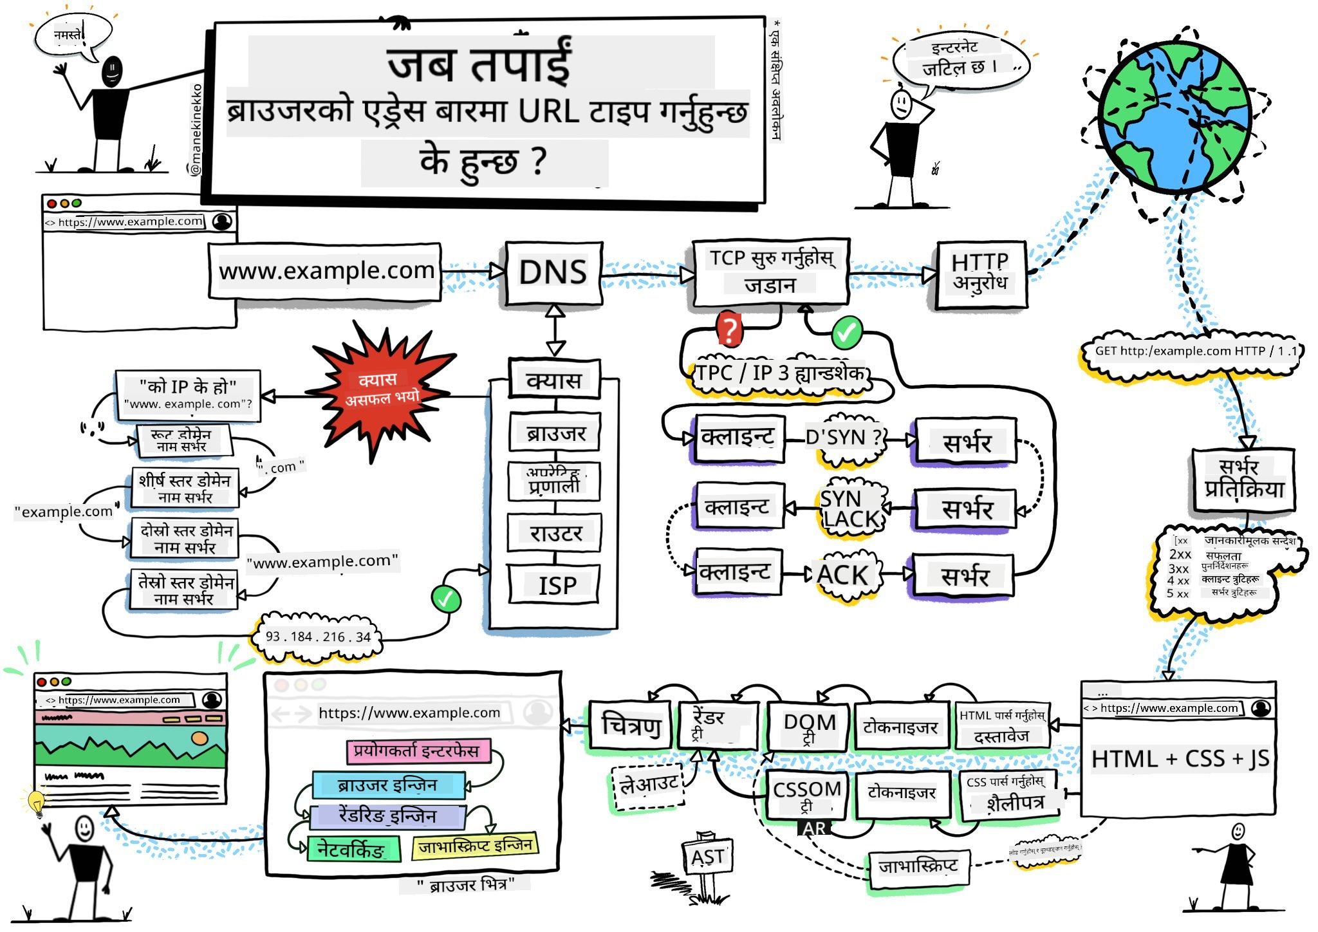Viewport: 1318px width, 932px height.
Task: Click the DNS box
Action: tap(553, 273)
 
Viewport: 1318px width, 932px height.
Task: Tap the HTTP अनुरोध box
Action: tap(980, 273)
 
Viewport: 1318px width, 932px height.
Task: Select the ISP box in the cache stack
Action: tap(554, 584)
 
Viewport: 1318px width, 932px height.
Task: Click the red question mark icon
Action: tap(729, 330)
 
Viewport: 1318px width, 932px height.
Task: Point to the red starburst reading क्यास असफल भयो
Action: tap(381, 389)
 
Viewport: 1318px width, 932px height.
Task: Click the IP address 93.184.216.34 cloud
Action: tap(318, 637)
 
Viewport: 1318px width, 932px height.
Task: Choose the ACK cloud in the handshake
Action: tap(842, 574)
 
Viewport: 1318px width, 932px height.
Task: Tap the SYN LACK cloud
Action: tap(849, 508)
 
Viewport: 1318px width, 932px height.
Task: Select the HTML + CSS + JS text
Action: tap(1180, 759)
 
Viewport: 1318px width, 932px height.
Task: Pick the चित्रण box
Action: tap(631, 725)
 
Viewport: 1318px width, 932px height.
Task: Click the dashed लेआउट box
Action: tap(648, 785)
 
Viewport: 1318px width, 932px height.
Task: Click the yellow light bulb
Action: tap(36, 802)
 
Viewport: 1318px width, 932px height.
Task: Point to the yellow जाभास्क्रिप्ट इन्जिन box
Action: tap(475, 846)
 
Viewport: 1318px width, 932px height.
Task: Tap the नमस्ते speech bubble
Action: tap(70, 36)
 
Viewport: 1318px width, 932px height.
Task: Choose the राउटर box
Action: tap(555, 533)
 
